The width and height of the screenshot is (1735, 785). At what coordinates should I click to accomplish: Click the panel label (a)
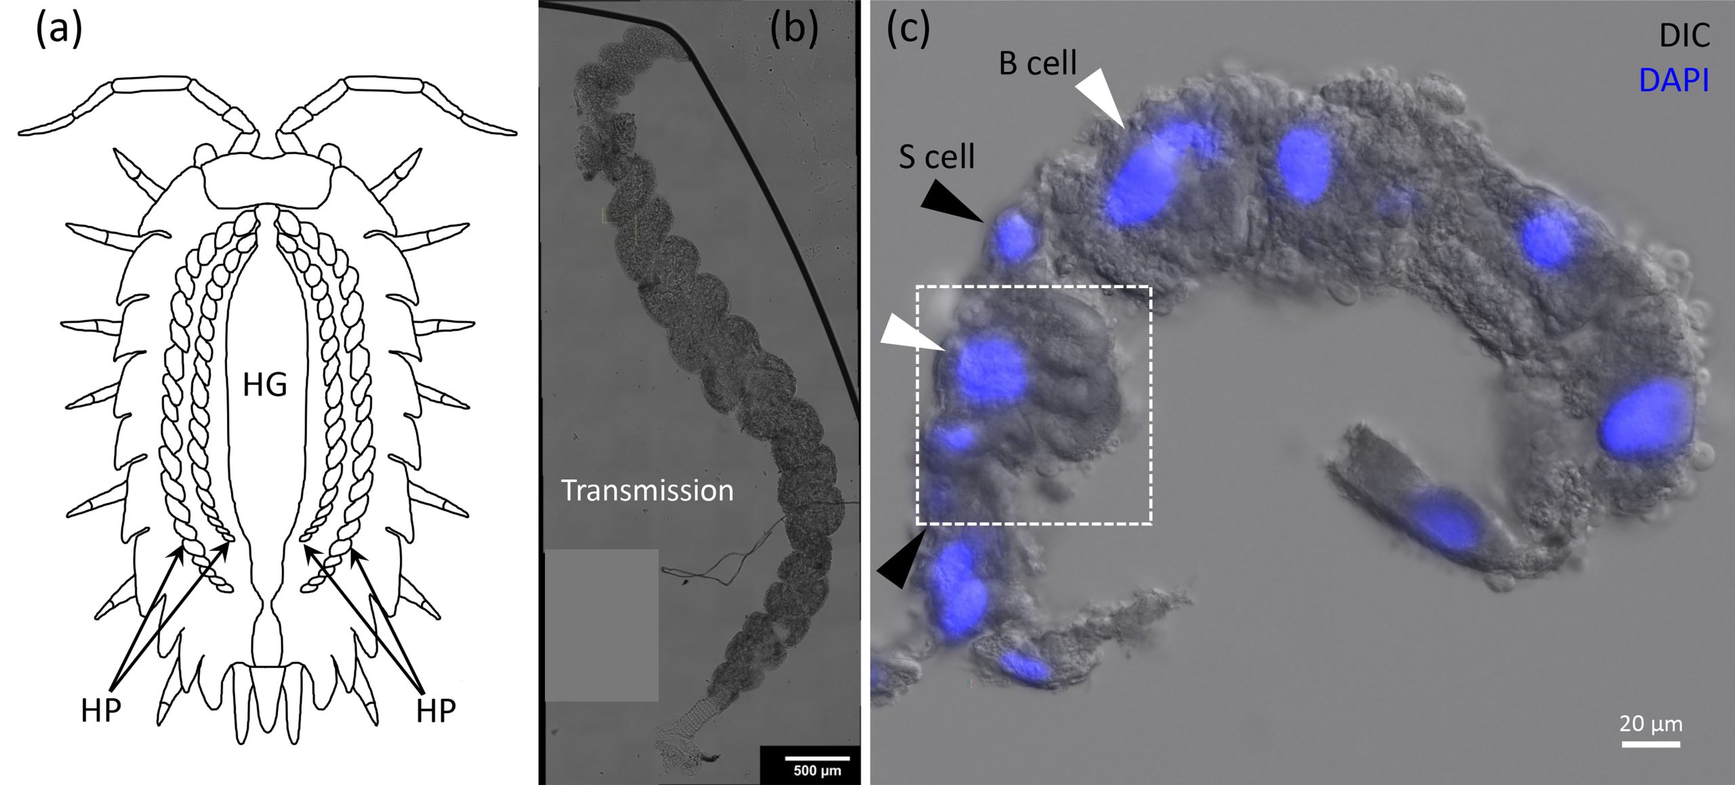(58, 30)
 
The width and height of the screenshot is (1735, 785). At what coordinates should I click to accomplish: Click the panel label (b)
(794, 30)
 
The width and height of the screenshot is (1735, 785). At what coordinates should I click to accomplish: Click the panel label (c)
(909, 30)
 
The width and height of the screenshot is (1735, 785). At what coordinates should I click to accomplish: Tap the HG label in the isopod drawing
(265, 385)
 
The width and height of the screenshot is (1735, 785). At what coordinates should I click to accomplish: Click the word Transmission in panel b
(647, 490)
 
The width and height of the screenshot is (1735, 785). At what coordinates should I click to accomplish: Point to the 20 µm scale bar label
(1651, 723)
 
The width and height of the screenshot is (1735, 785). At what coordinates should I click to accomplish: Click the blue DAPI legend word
(1673, 81)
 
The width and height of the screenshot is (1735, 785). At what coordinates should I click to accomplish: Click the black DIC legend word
(1684, 36)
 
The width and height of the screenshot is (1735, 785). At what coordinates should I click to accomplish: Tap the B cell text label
(1038, 63)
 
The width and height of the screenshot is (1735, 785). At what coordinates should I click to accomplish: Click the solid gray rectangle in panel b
(601, 625)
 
